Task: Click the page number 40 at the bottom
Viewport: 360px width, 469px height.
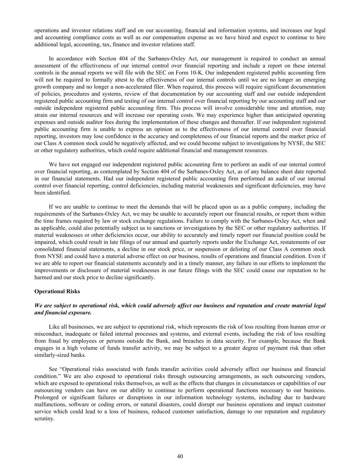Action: [x=180, y=456]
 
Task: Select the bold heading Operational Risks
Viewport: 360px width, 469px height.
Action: [x=57, y=291]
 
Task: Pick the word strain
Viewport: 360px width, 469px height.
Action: [x=41, y=115]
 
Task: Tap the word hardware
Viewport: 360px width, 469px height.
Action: [x=315, y=398]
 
